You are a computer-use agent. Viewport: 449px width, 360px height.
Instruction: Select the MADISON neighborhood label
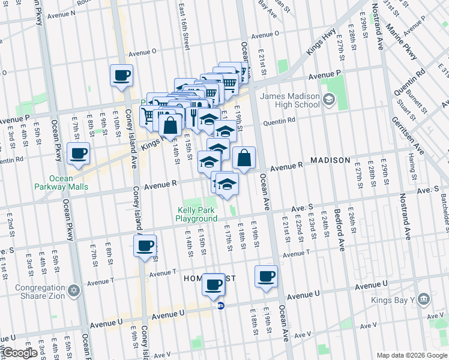click(330, 161)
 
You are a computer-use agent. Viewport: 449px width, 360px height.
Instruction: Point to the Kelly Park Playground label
click(196, 214)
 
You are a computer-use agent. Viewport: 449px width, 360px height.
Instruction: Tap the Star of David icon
click(74, 290)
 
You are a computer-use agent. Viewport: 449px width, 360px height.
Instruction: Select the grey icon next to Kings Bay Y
click(423, 299)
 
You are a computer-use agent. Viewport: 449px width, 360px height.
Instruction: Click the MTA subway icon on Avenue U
click(221, 305)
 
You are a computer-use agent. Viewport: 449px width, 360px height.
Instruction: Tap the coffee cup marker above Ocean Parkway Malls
click(78, 154)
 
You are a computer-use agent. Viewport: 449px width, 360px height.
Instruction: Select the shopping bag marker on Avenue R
click(244, 158)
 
